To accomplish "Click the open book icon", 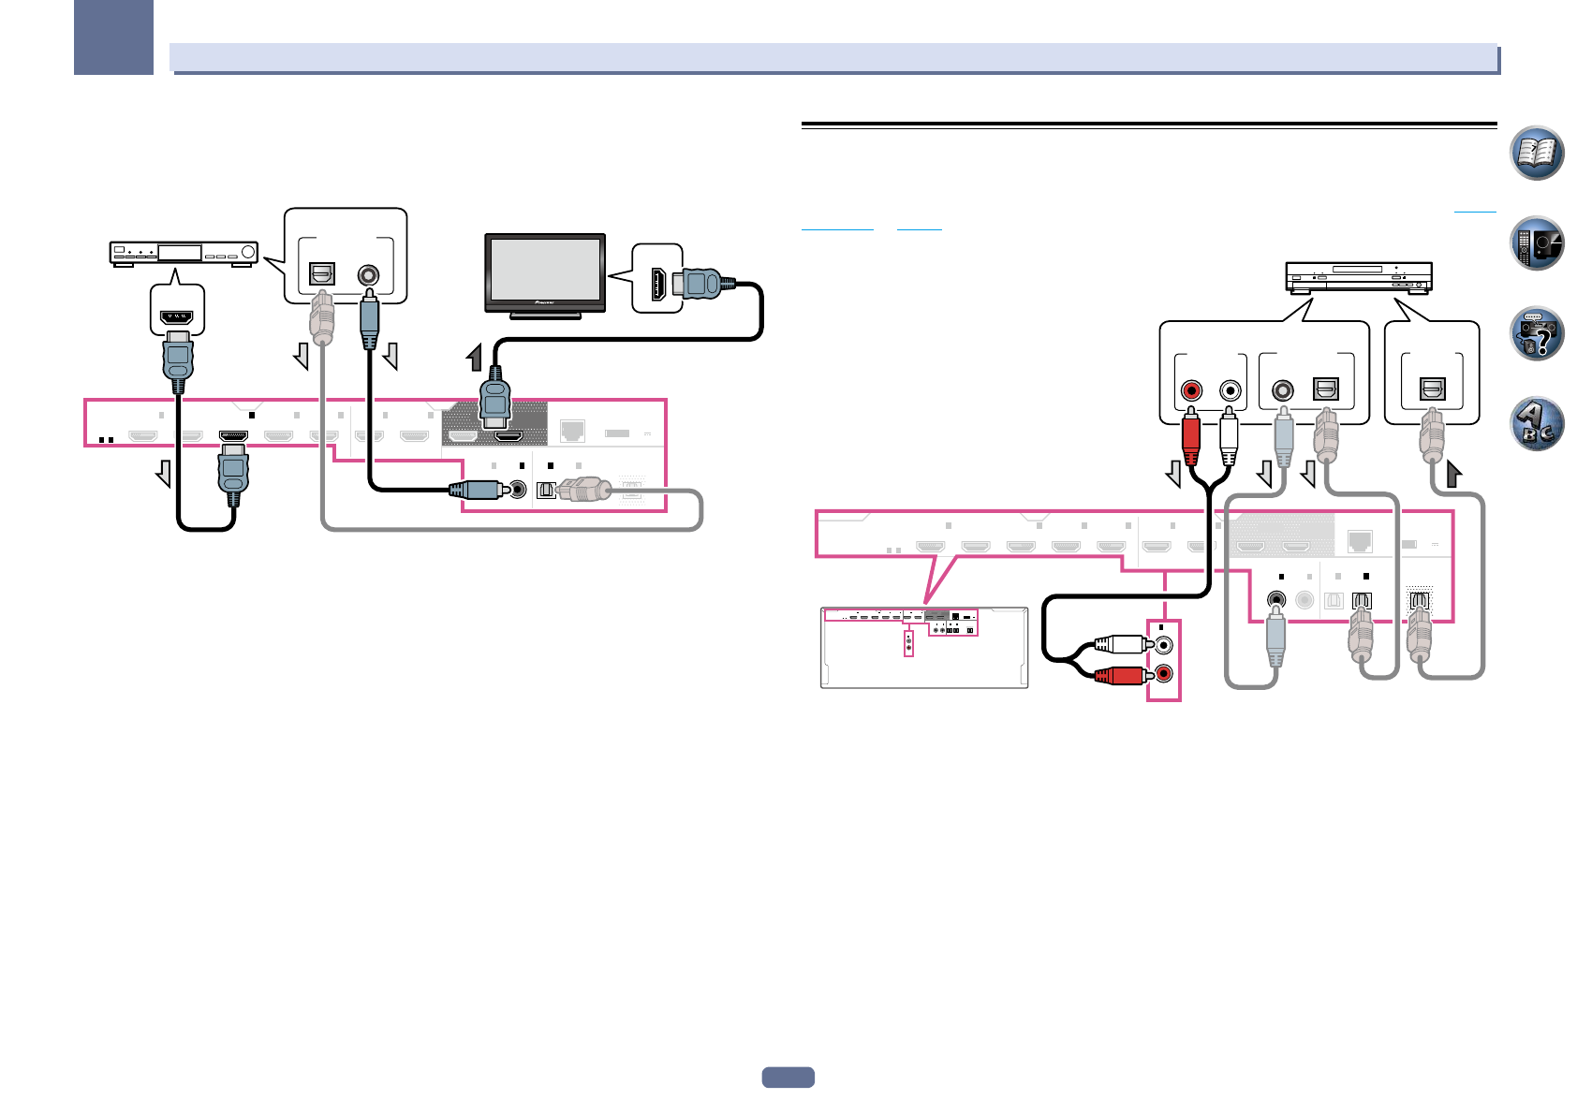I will pyautogui.click(x=1537, y=153).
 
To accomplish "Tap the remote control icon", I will pyautogui.click(x=1537, y=243).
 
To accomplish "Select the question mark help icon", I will pyautogui.click(x=1537, y=333).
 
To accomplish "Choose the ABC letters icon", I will pyautogui.click(x=1537, y=423).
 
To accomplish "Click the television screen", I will pyautogui.click(x=545, y=270).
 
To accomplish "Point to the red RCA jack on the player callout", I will pyautogui.click(x=1191, y=389).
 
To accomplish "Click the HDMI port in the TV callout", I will pyautogui.click(x=659, y=284).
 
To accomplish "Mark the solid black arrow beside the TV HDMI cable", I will pyautogui.click(x=476, y=358).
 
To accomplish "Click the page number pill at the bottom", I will pyautogui.click(x=788, y=1078).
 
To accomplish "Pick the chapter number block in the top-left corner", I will pyautogui.click(x=113, y=37).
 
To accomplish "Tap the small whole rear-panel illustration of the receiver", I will pyautogui.click(x=924, y=648).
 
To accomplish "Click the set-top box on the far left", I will pyautogui.click(x=184, y=253).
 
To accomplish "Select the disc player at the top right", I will pyautogui.click(x=1359, y=277).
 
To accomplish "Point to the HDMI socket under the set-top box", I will pyautogui.click(x=177, y=317).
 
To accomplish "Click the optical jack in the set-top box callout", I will pyautogui.click(x=321, y=274).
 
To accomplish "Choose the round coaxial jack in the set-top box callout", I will pyautogui.click(x=369, y=275).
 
